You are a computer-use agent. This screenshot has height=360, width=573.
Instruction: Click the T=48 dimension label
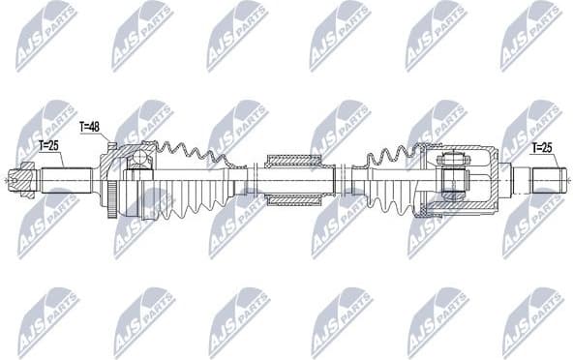[90, 127]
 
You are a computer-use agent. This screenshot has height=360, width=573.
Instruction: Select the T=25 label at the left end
[49, 145]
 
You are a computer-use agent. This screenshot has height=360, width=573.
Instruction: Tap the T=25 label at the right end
[544, 147]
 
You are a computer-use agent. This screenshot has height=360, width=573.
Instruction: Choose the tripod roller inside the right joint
[450, 180]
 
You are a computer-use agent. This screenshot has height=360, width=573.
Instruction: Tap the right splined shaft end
[548, 180]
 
